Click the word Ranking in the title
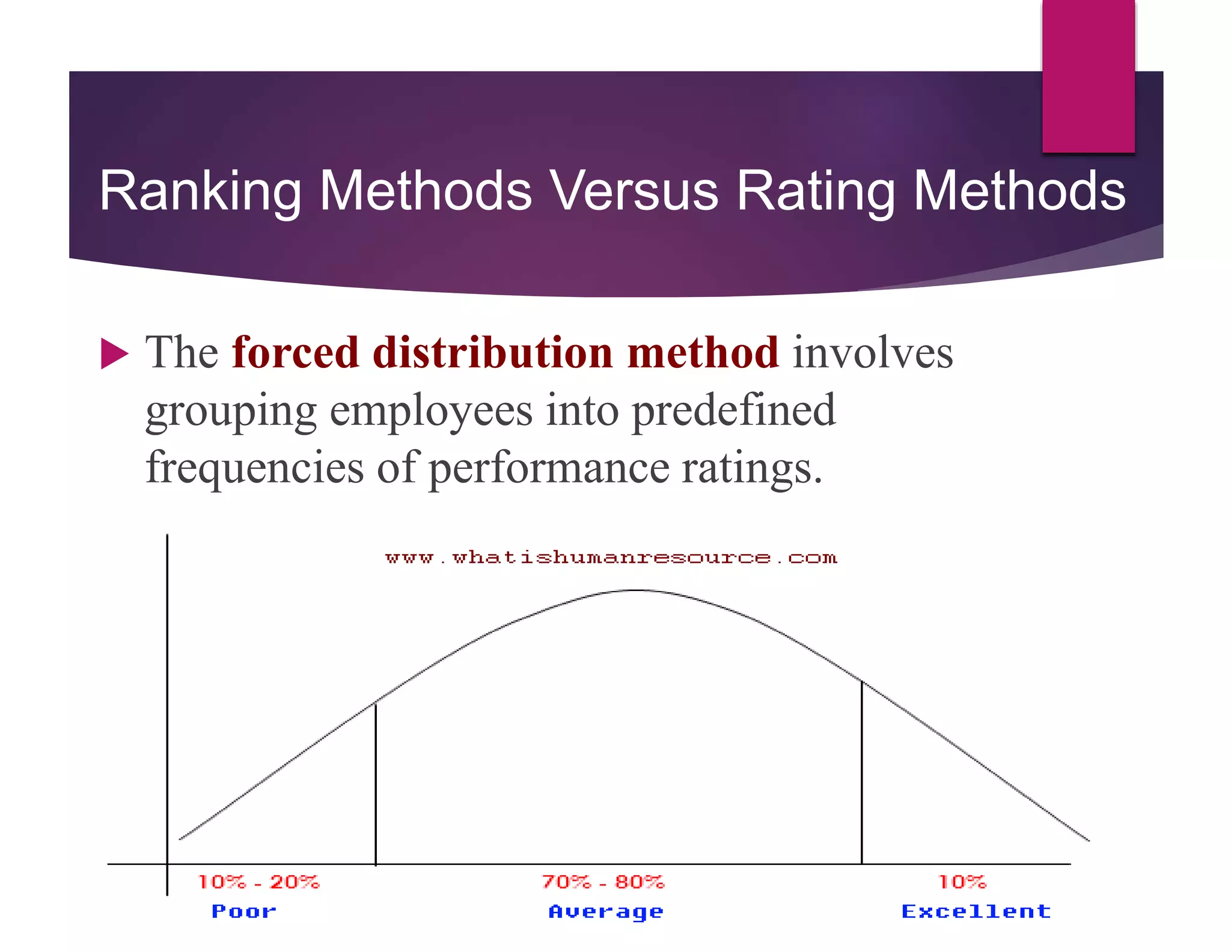tap(200, 191)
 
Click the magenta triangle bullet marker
tap(114, 353)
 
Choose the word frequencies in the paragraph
tap(254, 468)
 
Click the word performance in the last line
tap(548, 468)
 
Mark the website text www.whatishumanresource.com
tap(611, 557)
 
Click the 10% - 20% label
tap(258, 882)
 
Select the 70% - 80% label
tap(603, 882)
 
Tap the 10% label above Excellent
tap(962, 882)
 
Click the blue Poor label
tap(244, 911)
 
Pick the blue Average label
tap(606, 912)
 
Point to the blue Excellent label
tap(976, 911)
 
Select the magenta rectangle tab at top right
tap(1088, 75)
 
